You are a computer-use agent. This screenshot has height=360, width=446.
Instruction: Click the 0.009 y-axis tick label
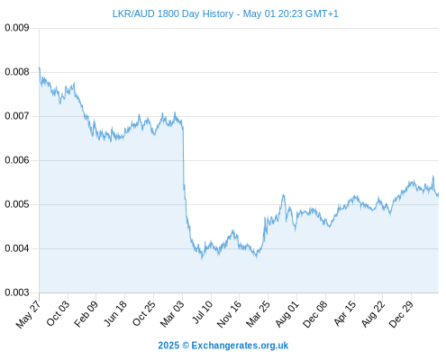(x=17, y=28)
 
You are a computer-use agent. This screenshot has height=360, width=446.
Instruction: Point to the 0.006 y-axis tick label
(x=17, y=160)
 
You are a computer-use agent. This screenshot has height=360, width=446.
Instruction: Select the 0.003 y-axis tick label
(x=17, y=292)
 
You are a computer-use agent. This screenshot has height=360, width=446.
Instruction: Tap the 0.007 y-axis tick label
(x=17, y=116)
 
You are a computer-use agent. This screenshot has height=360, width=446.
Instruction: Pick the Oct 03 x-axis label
(x=58, y=313)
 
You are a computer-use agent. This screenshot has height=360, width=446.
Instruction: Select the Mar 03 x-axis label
(x=171, y=314)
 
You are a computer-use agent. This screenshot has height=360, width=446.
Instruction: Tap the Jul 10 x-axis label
(x=202, y=312)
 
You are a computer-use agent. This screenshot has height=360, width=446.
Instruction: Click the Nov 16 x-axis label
(x=229, y=314)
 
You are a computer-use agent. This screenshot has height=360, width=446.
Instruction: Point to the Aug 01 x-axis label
(x=287, y=314)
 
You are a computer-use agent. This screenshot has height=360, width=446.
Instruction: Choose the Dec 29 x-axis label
(x=401, y=314)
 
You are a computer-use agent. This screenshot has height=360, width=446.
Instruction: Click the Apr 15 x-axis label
(x=345, y=313)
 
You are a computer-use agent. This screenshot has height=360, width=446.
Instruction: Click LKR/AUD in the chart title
(x=133, y=13)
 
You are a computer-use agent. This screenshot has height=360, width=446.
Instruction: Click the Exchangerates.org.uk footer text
(x=240, y=346)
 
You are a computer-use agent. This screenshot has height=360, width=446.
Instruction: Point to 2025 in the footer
(x=168, y=346)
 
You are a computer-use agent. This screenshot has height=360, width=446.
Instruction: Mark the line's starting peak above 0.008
(x=40, y=67)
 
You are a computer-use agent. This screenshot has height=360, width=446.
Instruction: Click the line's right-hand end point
(x=439, y=194)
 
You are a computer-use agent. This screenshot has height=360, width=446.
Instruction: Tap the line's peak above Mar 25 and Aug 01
(x=283, y=195)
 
